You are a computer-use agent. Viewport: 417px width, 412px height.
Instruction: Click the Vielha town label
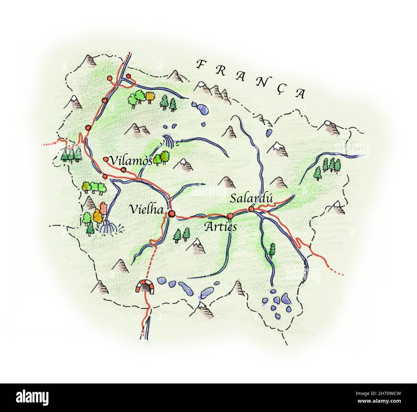146,209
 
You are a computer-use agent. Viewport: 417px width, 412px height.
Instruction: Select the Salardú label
251,198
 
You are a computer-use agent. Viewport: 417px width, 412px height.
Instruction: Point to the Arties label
221,227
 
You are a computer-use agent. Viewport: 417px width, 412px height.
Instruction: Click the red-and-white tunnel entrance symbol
145,286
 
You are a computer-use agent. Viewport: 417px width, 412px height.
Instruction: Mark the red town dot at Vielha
172,214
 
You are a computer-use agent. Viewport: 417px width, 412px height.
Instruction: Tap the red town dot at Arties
230,215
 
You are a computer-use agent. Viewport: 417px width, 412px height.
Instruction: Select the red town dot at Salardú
251,209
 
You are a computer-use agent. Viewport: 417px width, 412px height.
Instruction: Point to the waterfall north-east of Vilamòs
168,141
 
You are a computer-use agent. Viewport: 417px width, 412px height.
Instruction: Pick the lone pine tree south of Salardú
272,250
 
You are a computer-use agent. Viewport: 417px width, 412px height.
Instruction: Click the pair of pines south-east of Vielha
182,235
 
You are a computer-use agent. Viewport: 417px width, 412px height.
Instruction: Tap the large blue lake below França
201,108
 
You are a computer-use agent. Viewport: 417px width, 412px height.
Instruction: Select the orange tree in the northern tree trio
150,96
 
